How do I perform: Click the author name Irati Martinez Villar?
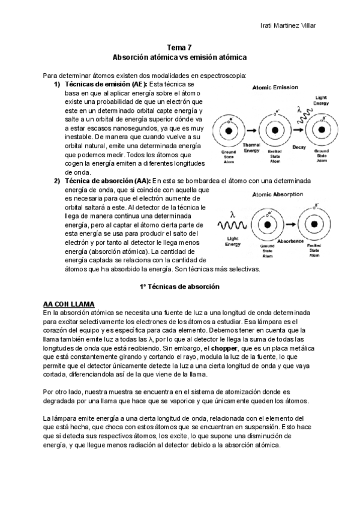(x=288, y=25)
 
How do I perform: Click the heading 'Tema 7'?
(x=179, y=46)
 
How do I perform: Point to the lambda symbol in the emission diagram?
(x=299, y=110)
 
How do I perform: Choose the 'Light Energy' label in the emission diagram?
(x=322, y=100)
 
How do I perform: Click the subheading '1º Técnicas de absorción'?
(x=179, y=287)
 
